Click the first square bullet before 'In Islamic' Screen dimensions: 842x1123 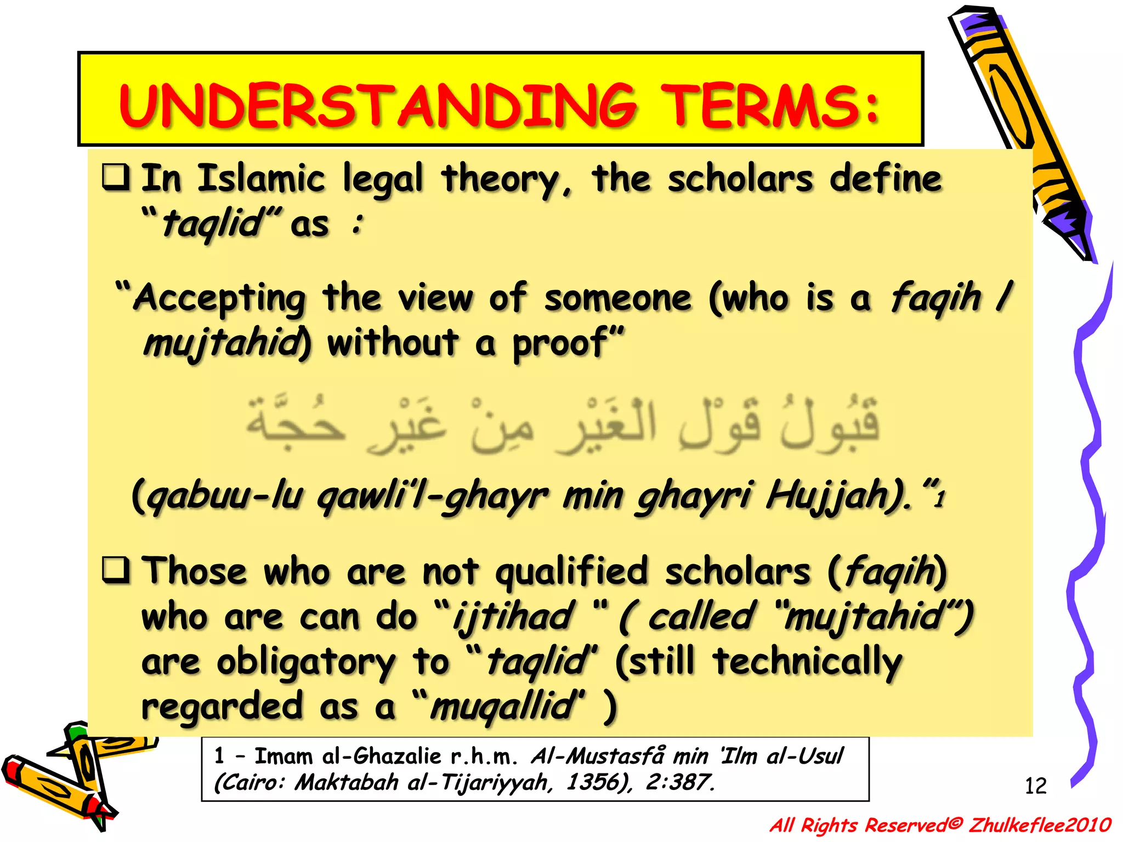coord(116,177)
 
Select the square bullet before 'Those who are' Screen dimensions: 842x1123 coord(116,570)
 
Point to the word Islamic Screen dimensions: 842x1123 coord(262,179)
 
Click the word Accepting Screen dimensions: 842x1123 coord(219,299)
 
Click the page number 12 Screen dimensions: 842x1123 coord(1035,786)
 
